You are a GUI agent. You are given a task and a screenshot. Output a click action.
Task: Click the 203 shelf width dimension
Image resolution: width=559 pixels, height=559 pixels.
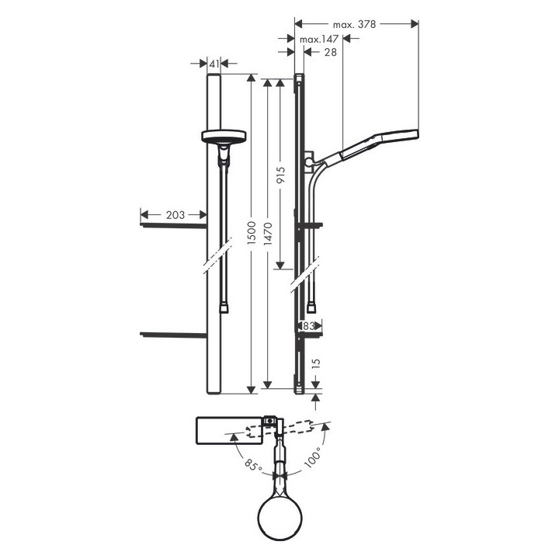(175, 214)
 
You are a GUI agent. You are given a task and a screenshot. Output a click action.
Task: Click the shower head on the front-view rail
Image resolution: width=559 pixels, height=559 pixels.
(224, 137)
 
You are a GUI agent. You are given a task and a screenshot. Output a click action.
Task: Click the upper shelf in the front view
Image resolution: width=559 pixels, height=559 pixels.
(173, 224)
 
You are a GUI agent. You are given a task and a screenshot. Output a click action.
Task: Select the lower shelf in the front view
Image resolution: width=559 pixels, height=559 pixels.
(173, 334)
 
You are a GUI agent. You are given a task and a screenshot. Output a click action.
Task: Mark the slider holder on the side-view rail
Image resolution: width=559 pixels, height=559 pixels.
(310, 161)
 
